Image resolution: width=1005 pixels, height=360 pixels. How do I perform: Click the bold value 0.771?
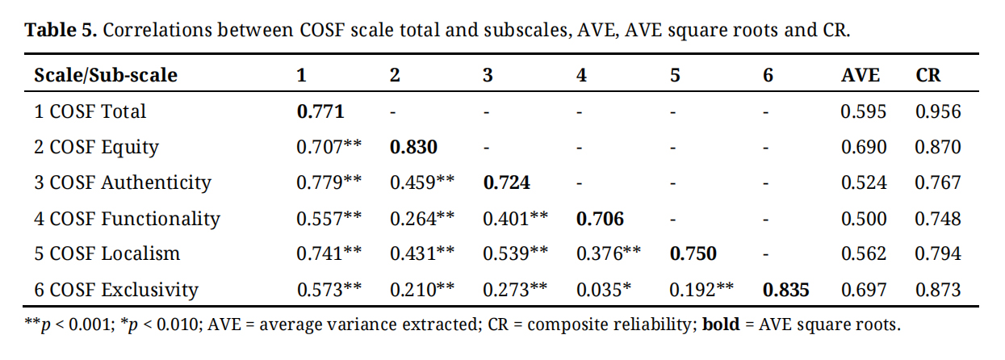click(x=320, y=111)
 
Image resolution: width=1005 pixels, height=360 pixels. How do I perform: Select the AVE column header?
click(x=861, y=75)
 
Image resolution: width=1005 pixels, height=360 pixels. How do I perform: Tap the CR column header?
click(x=928, y=75)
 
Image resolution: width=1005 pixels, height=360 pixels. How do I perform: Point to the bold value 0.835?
click(x=786, y=289)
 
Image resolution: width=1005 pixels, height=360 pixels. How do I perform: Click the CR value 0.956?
click(x=938, y=111)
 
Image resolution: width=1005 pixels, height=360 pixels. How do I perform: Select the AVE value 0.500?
click(x=863, y=218)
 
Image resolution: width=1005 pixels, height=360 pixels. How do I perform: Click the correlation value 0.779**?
click(x=329, y=182)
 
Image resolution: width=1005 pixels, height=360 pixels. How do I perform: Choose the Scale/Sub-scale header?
click(x=106, y=75)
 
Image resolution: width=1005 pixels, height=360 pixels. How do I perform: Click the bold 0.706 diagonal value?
click(x=600, y=218)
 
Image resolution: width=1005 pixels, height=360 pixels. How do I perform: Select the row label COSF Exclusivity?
click(x=115, y=289)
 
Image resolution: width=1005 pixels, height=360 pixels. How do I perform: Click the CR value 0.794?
click(x=938, y=253)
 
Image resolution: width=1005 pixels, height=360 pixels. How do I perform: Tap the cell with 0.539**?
click(x=516, y=253)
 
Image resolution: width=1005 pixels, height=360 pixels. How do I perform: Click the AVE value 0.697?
click(x=863, y=289)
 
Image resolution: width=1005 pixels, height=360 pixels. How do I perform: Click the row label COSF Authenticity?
click(x=122, y=182)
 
